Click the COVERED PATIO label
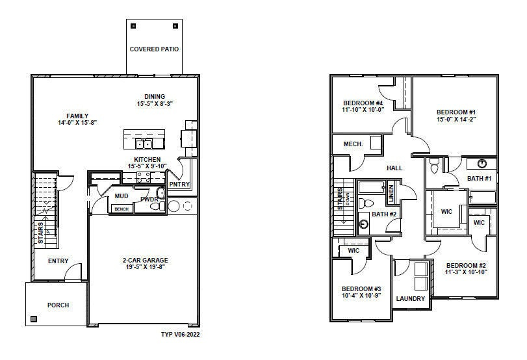[154, 49]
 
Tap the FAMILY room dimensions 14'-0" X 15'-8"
[77, 123]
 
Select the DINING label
[154, 96]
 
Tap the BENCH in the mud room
[121, 209]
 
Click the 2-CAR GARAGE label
[144, 261]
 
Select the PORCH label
[58, 305]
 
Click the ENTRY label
[58, 261]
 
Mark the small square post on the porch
[34, 319]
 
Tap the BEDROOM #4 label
[363, 103]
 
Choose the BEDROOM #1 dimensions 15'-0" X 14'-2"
[456, 120]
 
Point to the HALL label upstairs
[394, 168]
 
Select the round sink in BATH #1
[482, 164]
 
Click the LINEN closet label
[391, 192]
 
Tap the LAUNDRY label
[411, 299]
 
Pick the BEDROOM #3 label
[362, 289]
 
